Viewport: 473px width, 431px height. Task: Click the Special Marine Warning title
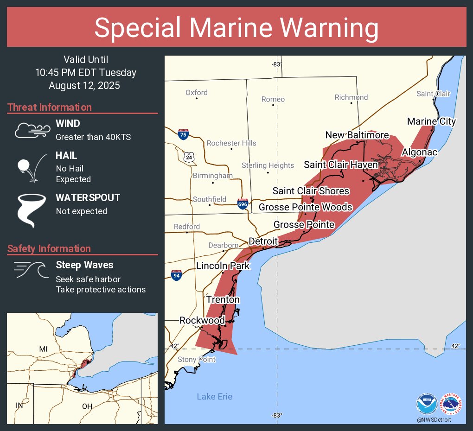click(x=236, y=27)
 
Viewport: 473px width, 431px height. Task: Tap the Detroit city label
click(x=263, y=241)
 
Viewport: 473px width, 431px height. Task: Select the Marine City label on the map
click(x=431, y=121)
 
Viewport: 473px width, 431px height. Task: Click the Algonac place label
click(x=419, y=152)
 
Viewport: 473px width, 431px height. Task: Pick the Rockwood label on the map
click(x=202, y=320)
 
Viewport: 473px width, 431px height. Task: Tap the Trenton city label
click(x=223, y=299)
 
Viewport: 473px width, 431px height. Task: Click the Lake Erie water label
click(x=214, y=397)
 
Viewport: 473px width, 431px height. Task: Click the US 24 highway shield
click(x=189, y=157)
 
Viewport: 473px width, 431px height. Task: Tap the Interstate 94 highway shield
click(x=176, y=275)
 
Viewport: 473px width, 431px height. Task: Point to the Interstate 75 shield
click(x=183, y=134)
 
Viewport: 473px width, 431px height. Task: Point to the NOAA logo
click(x=427, y=404)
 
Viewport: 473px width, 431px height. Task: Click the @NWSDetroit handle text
click(x=433, y=419)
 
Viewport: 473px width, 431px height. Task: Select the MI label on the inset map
click(x=43, y=349)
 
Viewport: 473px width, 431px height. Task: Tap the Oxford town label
click(x=197, y=93)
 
